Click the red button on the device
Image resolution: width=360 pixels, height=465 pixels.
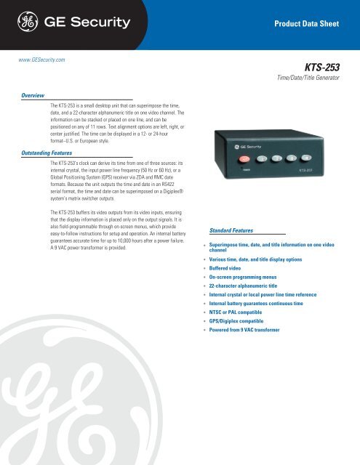click(x=245, y=158)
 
